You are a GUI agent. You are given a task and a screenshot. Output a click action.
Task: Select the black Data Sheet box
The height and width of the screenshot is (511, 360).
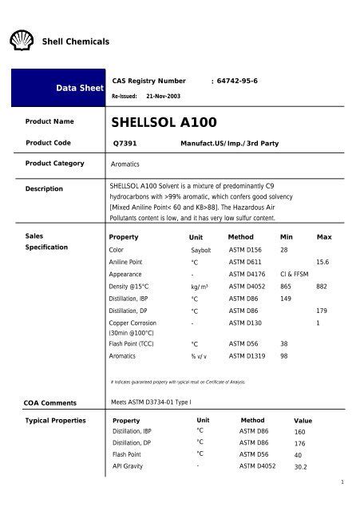coord(57,88)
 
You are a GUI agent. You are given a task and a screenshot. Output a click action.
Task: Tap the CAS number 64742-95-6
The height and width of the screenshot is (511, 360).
coord(237,81)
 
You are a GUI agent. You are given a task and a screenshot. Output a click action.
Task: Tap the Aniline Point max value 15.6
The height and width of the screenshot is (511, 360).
coord(323,262)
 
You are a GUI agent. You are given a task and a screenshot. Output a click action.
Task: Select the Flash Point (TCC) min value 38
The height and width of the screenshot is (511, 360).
coord(285,343)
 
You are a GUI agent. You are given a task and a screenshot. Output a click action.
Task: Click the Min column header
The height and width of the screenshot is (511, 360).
coord(287,237)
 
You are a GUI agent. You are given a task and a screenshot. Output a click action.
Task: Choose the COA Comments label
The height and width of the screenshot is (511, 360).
coord(51,402)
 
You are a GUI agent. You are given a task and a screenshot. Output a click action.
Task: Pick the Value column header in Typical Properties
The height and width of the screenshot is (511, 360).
coord(303,420)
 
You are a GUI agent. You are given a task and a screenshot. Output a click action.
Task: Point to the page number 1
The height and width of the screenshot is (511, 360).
coord(341,481)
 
